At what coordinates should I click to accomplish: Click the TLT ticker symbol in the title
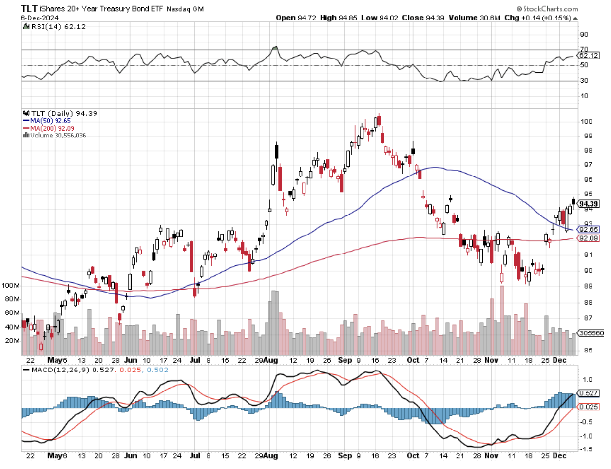(x=29, y=8)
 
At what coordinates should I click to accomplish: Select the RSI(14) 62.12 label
(x=58, y=27)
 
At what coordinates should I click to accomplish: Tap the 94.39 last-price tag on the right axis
(x=588, y=204)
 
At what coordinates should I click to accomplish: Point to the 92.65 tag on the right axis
(x=588, y=229)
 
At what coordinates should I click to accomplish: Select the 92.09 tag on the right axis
(x=588, y=238)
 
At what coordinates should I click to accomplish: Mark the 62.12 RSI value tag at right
(x=588, y=56)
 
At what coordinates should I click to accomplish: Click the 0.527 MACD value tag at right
(x=588, y=393)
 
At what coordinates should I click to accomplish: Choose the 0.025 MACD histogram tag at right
(x=588, y=407)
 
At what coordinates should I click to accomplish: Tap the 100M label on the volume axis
(x=11, y=285)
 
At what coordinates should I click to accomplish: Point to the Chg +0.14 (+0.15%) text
(x=538, y=18)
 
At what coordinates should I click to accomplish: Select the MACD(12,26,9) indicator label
(x=58, y=370)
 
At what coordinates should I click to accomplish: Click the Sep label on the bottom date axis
(x=344, y=455)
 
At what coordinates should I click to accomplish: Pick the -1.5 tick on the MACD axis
(x=587, y=449)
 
